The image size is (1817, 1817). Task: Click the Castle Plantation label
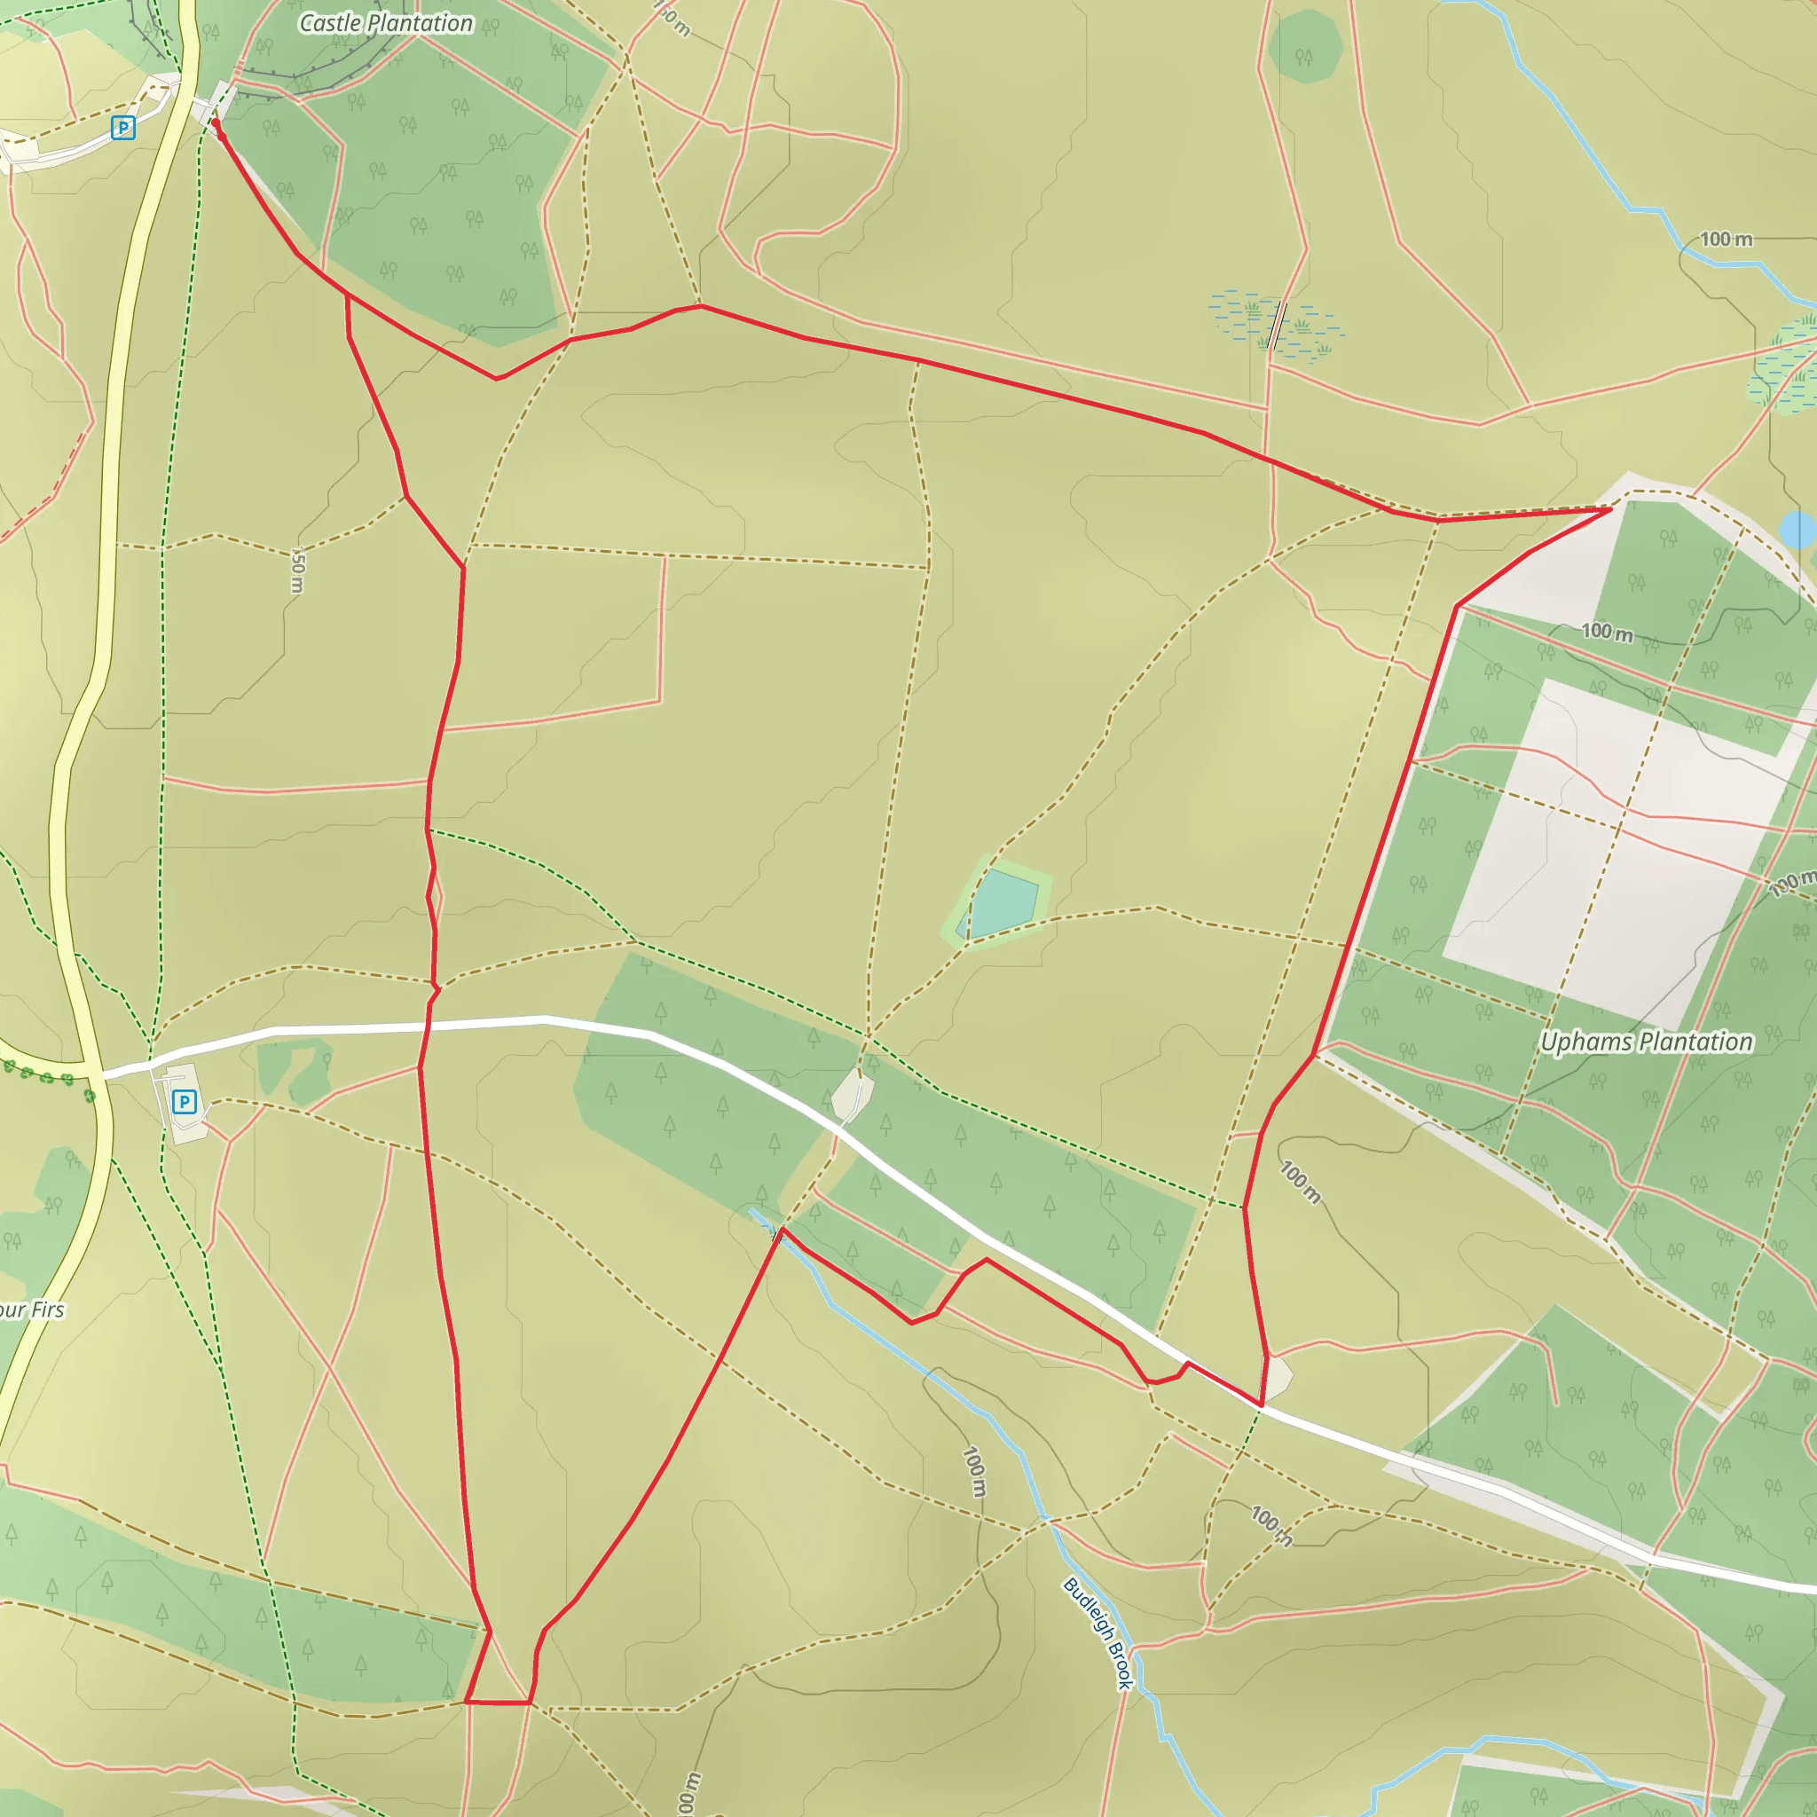coord(386,24)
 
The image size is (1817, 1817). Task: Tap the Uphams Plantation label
coord(1646,1042)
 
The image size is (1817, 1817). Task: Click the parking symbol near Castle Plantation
coord(122,127)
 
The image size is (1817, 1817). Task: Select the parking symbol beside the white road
coord(185,1101)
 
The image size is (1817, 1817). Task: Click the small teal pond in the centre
coord(1003,903)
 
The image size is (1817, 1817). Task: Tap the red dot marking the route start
coord(216,122)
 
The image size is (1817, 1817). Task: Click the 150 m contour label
coord(297,570)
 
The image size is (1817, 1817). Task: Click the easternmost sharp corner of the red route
coord(1610,508)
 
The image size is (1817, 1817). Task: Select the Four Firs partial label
coord(32,1310)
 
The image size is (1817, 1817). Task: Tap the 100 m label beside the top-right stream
coord(1726,239)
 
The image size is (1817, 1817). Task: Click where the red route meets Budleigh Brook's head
coord(781,1231)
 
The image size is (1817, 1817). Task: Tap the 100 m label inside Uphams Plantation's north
coord(1607,632)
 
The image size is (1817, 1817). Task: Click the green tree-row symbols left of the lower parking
coord(47,1078)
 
